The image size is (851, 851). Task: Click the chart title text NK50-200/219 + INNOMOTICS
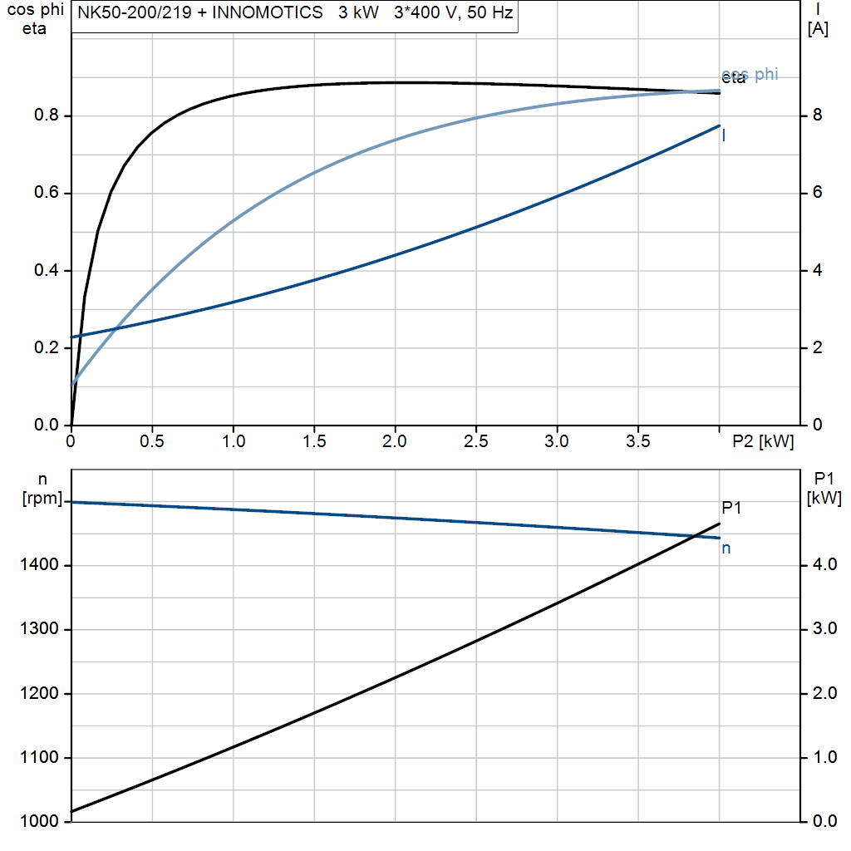point(200,14)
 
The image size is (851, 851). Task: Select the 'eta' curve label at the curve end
point(733,79)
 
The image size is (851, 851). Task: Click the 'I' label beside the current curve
point(724,135)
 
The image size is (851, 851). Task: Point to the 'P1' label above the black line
point(730,508)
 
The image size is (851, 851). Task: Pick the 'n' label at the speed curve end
point(726,548)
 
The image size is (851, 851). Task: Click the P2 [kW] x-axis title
point(762,442)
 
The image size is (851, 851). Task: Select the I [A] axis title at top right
point(818,20)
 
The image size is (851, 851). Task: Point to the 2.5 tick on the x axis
point(475,442)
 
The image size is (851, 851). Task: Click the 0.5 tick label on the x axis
point(152,442)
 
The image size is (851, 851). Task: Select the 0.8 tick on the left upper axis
point(47,116)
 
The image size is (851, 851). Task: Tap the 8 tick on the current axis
point(817,116)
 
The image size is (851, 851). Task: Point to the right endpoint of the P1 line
point(720,524)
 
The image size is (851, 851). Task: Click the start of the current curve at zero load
point(72,337)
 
